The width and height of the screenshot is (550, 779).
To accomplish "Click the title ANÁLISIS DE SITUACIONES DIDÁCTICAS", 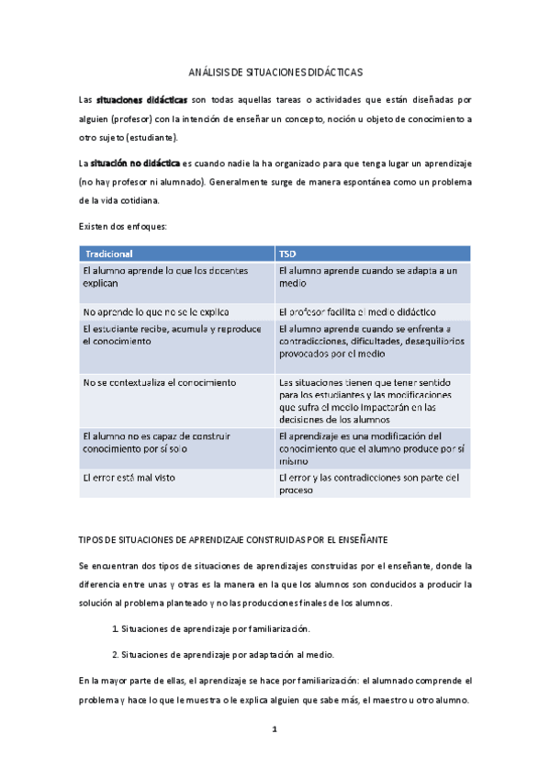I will pyautogui.click(x=275, y=71).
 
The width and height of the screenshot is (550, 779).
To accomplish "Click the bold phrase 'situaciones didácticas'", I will pyautogui.click(x=142, y=99).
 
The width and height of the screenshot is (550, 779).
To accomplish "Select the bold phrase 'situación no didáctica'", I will pyautogui.click(x=135, y=163).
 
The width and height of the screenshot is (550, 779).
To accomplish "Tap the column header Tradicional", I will pyautogui.click(x=109, y=253).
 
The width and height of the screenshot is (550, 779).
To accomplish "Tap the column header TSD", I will pyautogui.click(x=287, y=253).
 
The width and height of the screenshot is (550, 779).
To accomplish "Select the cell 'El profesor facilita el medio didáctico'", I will pyautogui.click(x=362, y=312).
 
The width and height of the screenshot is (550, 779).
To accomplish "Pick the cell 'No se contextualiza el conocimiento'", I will pyautogui.click(x=160, y=382).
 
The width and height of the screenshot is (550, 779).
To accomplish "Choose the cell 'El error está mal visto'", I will pyautogui.click(x=129, y=478).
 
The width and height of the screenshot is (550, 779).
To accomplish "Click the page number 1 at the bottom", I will pyautogui.click(x=274, y=730).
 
